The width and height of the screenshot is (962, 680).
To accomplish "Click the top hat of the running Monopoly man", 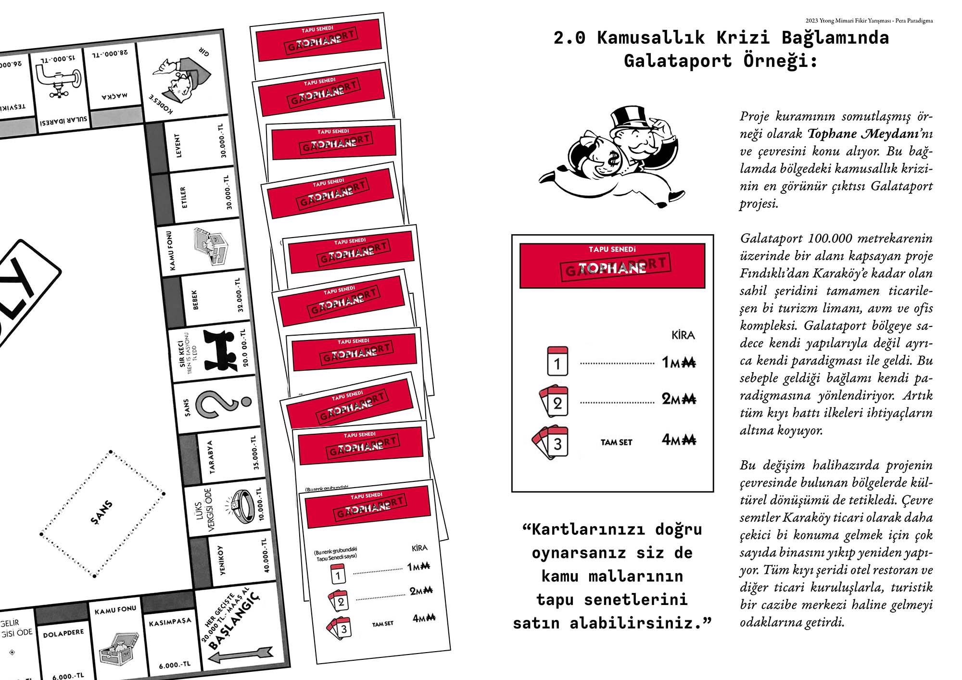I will pyautogui.click(x=628, y=119).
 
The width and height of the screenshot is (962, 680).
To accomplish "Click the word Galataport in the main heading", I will pyautogui.click(x=678, y=61).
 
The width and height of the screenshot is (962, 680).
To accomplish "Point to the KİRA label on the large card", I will pyautogui.click(x=683, y=335).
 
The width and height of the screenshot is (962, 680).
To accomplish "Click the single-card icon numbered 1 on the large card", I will pyautogui.click(x=557, y=361).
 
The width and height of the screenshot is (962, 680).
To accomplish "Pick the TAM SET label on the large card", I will pyautogui.click(x=616, y=442).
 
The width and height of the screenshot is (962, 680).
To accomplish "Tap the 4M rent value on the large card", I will pyautogui.click(x=679, y=440).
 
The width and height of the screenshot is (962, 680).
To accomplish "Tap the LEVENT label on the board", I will pyautogui.click(x=178, y=146).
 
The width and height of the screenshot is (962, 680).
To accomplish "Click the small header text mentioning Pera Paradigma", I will pyautogui.click(x=869, y=21).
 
